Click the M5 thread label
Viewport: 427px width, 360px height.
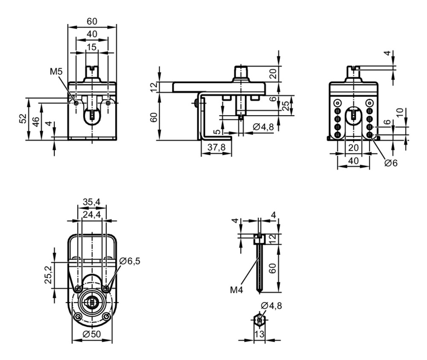[56, 72]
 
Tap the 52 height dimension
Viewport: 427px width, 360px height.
[23, 119]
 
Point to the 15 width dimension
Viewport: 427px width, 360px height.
[91, 47]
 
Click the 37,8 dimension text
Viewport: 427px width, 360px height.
[216, 147]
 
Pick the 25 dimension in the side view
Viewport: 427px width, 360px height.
[285, 106]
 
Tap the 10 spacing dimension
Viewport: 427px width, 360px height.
[400, 113]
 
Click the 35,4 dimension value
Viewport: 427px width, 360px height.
[91, 202]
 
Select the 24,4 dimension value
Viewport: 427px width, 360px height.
[92, 215]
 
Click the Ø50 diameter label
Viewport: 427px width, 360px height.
[91, 334]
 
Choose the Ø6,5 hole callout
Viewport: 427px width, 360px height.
[130, 261]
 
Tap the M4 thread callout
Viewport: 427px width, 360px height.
[237, 290]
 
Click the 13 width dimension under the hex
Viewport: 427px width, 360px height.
[260, 334]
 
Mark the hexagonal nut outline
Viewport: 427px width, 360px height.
[260, 320]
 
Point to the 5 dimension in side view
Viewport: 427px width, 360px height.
[217, 132]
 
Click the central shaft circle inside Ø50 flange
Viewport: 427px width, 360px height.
[92, 302]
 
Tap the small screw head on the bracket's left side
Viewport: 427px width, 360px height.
[196, 103]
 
